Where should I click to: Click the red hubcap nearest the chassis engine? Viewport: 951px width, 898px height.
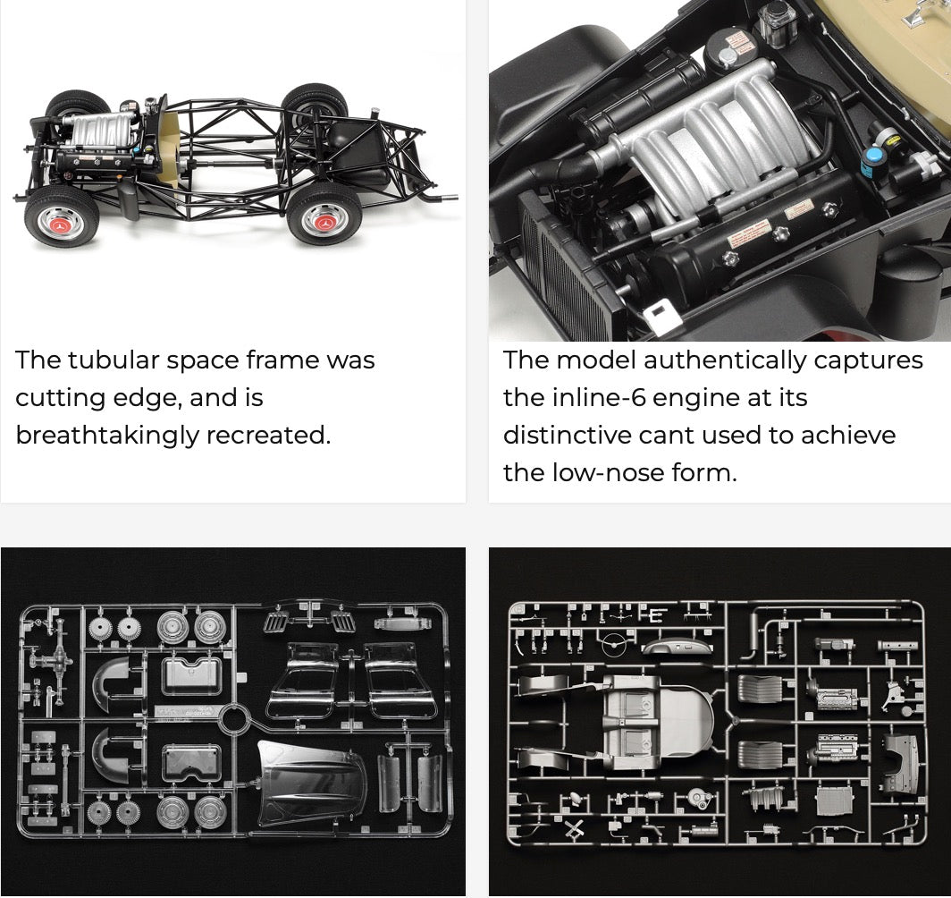tap(61, 224)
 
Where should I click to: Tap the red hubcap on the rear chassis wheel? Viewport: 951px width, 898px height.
tap(324, 222)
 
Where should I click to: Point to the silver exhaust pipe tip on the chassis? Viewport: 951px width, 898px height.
tap(448, 197)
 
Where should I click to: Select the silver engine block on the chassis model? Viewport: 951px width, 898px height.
tap(100, 131)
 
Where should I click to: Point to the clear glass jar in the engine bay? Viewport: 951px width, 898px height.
tap(777, 24)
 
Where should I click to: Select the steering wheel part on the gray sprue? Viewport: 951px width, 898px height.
tap(614, 643)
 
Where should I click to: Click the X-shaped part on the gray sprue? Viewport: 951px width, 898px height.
tap(574, 829)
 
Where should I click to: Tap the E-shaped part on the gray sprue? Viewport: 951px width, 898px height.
tap(656, 615)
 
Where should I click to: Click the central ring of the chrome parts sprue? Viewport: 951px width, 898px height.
tap(234, 720)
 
